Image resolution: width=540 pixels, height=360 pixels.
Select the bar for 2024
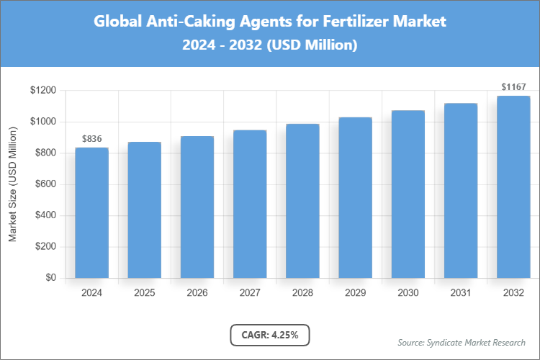(91, 212)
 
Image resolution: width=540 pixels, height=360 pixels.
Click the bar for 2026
(197, 207)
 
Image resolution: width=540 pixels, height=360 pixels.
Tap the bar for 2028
(302, 201)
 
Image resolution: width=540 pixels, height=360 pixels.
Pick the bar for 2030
(408, 194)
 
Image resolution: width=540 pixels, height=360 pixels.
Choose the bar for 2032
(513, 186)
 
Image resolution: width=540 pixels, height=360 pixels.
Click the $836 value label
(91, 138)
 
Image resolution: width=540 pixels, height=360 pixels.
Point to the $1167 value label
(513, 87)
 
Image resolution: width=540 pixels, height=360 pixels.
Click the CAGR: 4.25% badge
(270, 335)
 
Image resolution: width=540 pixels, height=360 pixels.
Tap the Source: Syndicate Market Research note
(462, 342)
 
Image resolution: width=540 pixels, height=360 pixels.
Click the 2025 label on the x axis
(144, 293)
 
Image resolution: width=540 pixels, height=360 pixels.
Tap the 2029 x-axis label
(355, 293)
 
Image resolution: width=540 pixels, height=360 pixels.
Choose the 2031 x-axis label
(460, 293)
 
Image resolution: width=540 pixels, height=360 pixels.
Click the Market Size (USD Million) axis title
(12, 184)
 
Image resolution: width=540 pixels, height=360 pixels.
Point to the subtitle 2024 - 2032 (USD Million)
(270, 45)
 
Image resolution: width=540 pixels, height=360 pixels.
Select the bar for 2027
(249, 204)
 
